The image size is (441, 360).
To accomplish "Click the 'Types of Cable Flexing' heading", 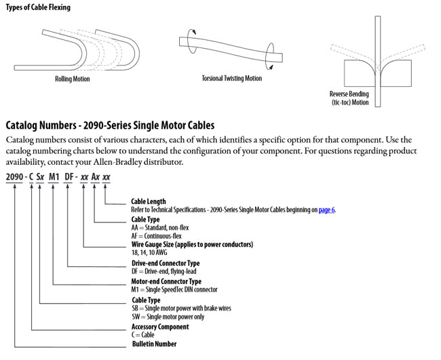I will (x=37, y=7).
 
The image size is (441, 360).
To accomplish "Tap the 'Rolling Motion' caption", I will (x=73, y=79).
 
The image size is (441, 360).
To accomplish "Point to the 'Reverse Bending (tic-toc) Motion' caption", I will (x=349, y=98).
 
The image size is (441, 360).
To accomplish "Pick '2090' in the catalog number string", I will (x=15, y=177).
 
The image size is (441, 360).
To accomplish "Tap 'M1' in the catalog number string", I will (x=56, y=177).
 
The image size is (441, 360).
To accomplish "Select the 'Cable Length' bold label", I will (x=148, y=201).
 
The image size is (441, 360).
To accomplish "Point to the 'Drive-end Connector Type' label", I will (x=165, y=263).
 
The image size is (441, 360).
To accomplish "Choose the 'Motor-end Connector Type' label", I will (x=166, y=281).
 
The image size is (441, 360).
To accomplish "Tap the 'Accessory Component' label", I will (x=159, y=326).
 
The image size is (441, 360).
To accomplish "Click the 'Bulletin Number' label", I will (x=154, y=344).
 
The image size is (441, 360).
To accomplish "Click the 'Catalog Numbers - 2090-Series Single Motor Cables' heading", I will (x=110, y=125).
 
